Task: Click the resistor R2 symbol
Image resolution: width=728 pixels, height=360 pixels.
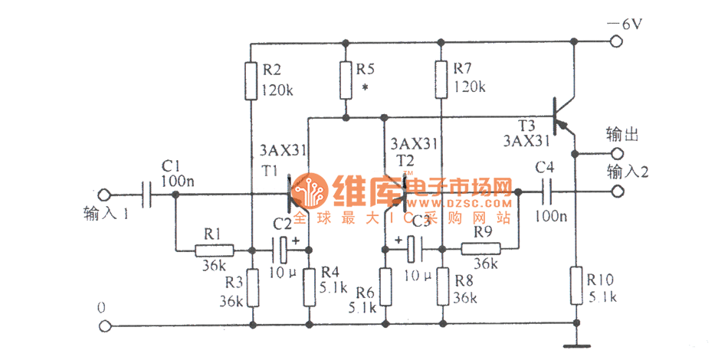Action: (252, 80)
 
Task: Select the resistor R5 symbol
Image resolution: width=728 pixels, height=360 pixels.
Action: (346, 79)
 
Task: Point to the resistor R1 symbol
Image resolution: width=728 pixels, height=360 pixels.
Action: (214, 250)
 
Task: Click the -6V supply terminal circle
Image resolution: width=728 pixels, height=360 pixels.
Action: (617, 43)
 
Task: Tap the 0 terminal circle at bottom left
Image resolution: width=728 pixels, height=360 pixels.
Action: (106, 326)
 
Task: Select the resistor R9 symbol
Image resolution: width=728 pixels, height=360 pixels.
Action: (480, 249)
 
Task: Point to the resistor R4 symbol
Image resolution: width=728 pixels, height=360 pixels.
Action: (309, 285)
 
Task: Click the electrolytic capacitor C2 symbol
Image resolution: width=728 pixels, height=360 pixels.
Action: (282, 249)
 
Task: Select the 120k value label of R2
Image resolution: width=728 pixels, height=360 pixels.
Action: (277, 89)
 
